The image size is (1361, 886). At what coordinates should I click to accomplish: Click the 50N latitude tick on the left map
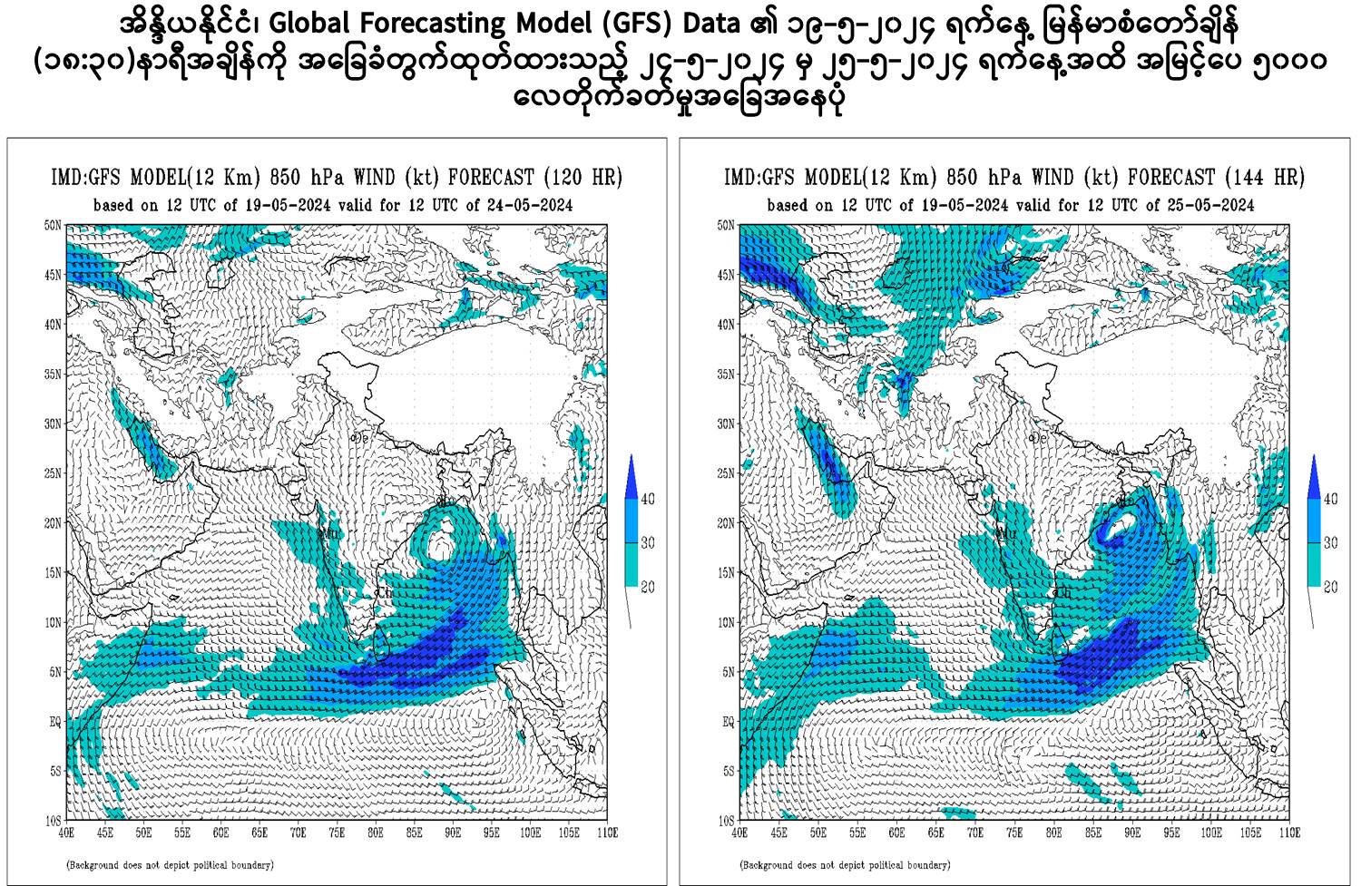click(x=52, y=224)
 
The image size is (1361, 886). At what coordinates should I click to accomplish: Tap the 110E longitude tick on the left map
click(x=607, y=832)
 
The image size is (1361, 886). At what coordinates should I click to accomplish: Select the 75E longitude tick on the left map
click(x=337, y=832)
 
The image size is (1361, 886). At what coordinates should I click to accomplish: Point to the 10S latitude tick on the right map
click(x=726, y=821)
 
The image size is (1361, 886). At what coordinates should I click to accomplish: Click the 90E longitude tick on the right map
click(x=1131, y=832)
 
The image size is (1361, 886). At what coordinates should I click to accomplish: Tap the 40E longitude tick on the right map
click(x=739, y=832)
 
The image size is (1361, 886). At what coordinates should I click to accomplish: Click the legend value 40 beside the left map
click(x=647, y=499)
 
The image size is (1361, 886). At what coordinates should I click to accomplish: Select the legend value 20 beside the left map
click(x=647, y=588)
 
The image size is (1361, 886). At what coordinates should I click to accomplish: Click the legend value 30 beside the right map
click(x=1330, y=543)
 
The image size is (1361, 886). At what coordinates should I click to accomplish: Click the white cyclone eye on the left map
click(x=441, y=544)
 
